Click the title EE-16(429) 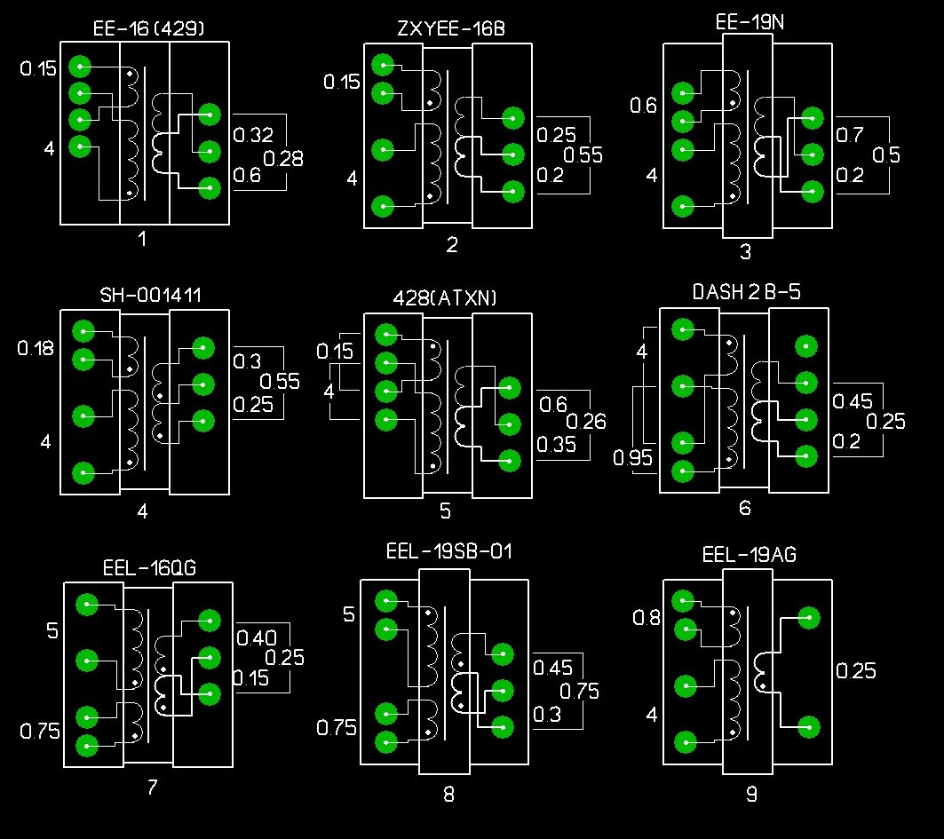149,28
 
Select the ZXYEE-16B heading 451,28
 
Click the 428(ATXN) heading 445,298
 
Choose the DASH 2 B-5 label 746,292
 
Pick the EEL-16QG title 149,566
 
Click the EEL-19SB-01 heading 449,551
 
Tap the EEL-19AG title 749,556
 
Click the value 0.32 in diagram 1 253,135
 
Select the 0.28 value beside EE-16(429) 284,159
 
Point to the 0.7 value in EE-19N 850,135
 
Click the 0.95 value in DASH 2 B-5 633,458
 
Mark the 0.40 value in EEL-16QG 257,637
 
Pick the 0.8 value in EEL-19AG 647,618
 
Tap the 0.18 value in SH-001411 36,348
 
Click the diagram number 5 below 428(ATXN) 445,511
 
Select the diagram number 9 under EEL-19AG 751,795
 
